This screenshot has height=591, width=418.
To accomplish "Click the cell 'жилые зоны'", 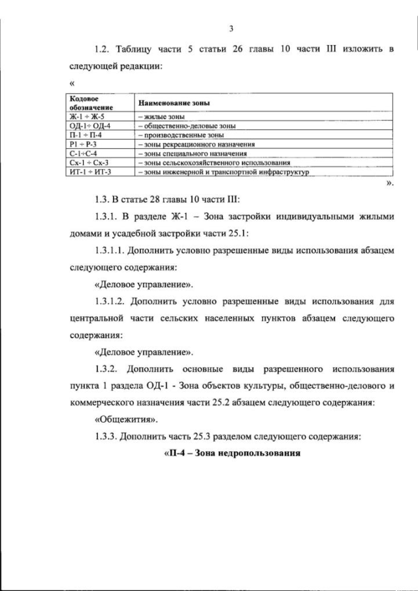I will point(161,116).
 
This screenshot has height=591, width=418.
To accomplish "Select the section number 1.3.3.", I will point(107,436).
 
